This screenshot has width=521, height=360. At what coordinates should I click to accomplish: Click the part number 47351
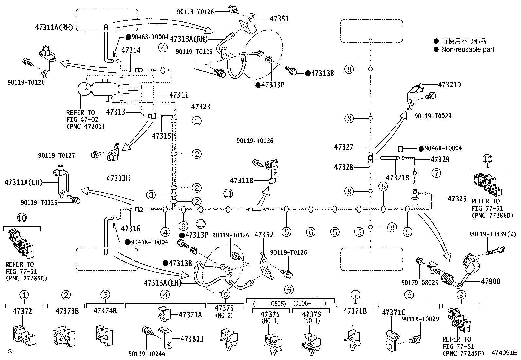click(x=279, y=19)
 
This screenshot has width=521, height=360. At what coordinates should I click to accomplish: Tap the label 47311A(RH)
click(x=54, y=28)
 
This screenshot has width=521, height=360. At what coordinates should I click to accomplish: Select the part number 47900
click(x=491, y=281)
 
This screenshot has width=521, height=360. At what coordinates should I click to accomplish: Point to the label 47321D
click(x=449, y=85)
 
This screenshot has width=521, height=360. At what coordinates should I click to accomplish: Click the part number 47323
click(x=201, y=107)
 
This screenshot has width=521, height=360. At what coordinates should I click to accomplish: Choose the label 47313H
click(x=118, y=178)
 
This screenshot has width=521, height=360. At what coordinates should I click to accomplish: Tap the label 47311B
click(x=242, y=180)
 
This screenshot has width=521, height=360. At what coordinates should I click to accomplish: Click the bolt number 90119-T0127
click(x=57, y=155)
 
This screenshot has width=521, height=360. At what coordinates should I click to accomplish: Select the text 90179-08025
click(x=420, y=283)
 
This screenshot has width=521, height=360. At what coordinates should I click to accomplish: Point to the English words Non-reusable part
click(x=468, y=49)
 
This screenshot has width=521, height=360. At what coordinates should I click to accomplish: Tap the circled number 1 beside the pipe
click(x=197, y=121)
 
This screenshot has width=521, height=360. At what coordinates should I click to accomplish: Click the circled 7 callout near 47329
click(x=436, y=173)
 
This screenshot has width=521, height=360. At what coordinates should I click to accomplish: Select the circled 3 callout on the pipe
click(x=151, y=195)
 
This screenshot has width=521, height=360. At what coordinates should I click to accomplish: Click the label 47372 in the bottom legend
click(x=22, y=311)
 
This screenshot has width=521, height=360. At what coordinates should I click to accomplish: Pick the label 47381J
click(x=192, y=339)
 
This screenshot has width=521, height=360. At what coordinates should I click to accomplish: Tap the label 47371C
click(x=394, y=313)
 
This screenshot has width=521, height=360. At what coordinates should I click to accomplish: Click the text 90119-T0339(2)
click(x=493, y=234)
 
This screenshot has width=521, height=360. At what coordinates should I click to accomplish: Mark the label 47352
click(x=264, y=235)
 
